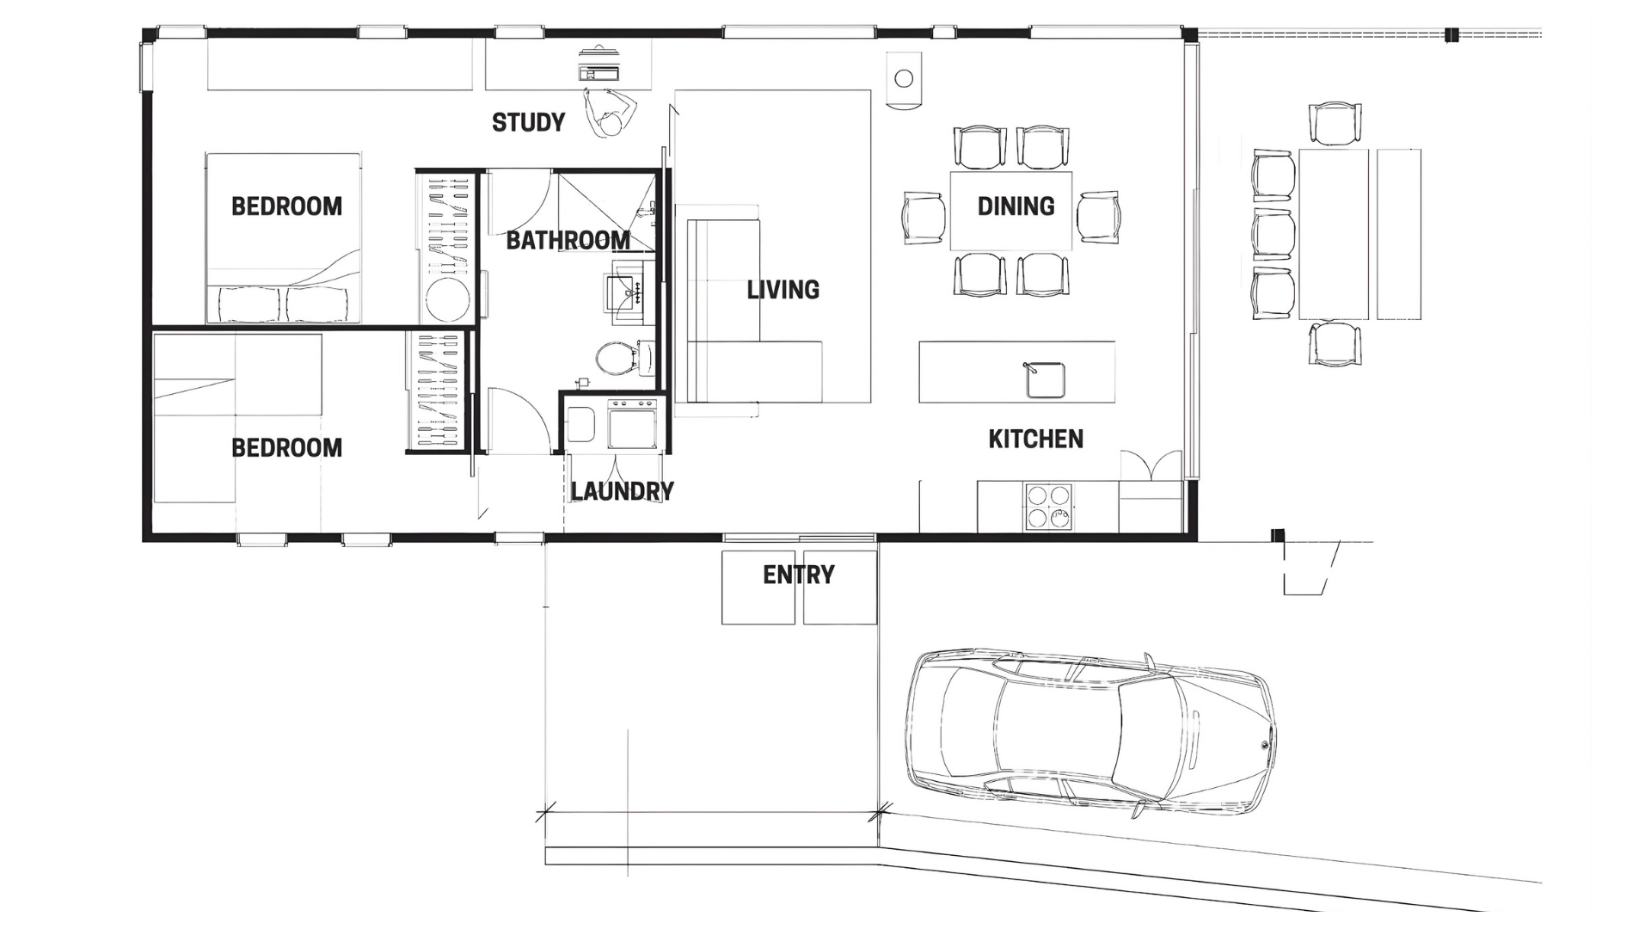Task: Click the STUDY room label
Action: [528, 122]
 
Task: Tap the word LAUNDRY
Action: [622, 491]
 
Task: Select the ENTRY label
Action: [799, 575]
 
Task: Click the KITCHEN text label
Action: [1035, 439]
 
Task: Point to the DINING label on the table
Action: [1016, 206]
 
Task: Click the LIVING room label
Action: [783, 290]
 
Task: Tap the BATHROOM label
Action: [568, 240]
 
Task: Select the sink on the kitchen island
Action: [1046, 380]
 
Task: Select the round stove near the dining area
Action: [904, 79]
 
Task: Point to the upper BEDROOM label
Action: [286, 206]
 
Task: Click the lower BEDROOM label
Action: [286, 448]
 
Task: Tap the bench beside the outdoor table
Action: [1399, 234]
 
